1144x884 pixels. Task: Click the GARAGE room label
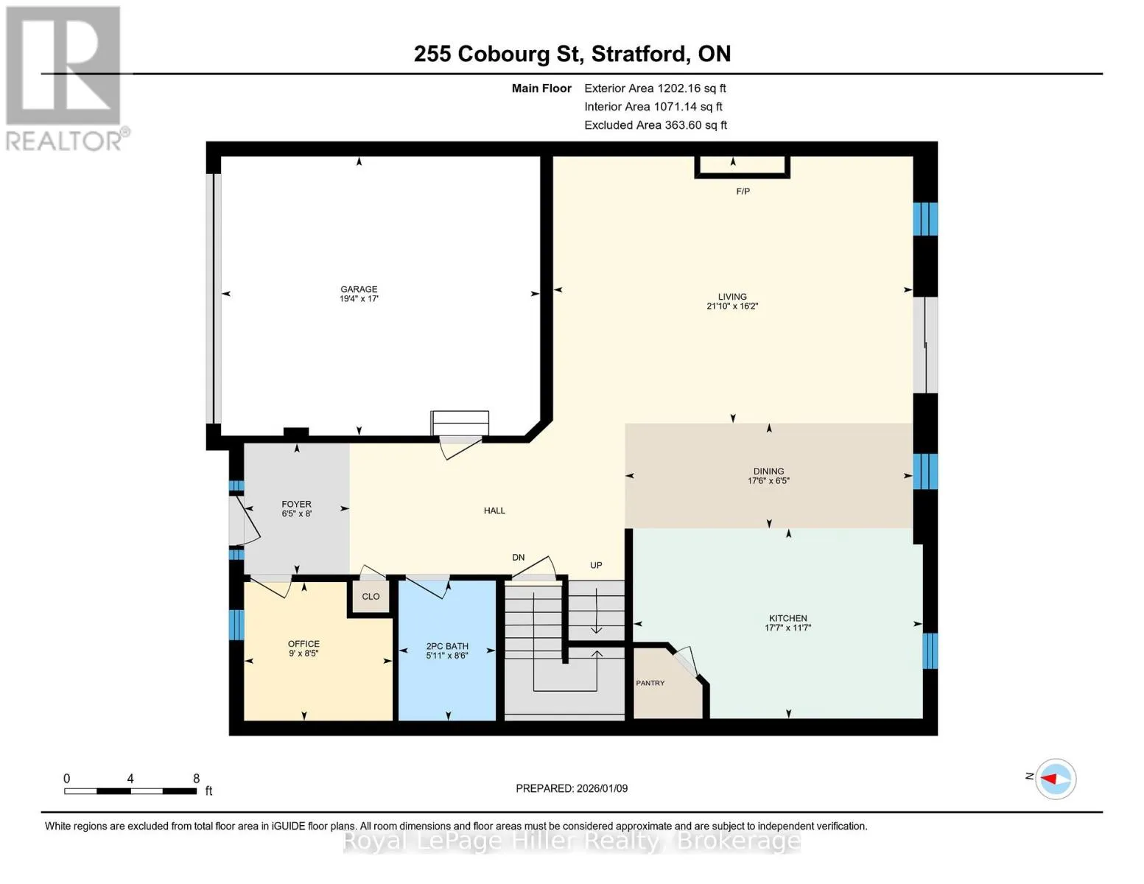tap(359, 289)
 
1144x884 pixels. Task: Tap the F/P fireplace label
tap(743, 191)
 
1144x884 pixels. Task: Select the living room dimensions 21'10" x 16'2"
tap(731, 306)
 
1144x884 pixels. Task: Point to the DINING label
tap(768, 471)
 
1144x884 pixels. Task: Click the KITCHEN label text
tap(787, 618)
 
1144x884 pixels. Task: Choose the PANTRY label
tap(650, 683)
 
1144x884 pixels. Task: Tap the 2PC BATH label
tap(447, 646)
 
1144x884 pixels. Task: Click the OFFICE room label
tap(303, 644)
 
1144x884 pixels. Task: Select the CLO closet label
tap(371, 597)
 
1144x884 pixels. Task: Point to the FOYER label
tap(296, 505)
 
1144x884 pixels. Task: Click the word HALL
tap(494, 511)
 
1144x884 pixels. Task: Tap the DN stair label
tap(518, 558)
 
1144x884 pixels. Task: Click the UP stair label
tap(596, 566)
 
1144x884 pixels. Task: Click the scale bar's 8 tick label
tap(197, 778)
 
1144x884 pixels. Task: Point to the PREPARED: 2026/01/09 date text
tap(572, 788)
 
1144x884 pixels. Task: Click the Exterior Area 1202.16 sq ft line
tap(655, 88)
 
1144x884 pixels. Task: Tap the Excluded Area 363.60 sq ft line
tap(656, 125)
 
